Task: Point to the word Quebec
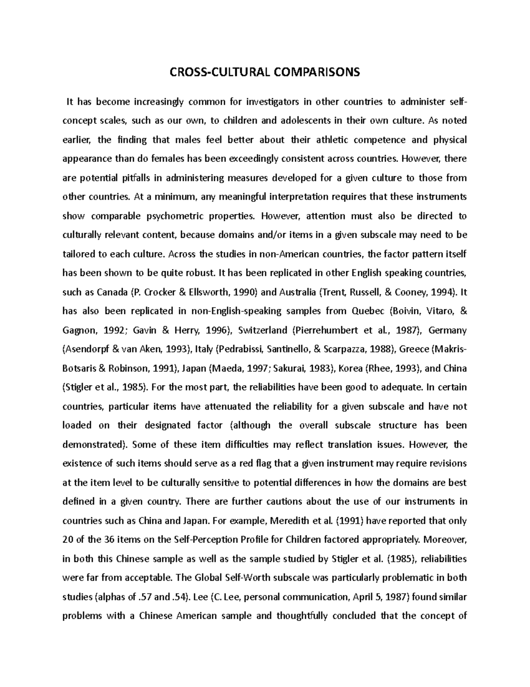pyautogui.click(x=368, y=311)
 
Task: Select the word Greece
pyautogui.click(x=414, y=349)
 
